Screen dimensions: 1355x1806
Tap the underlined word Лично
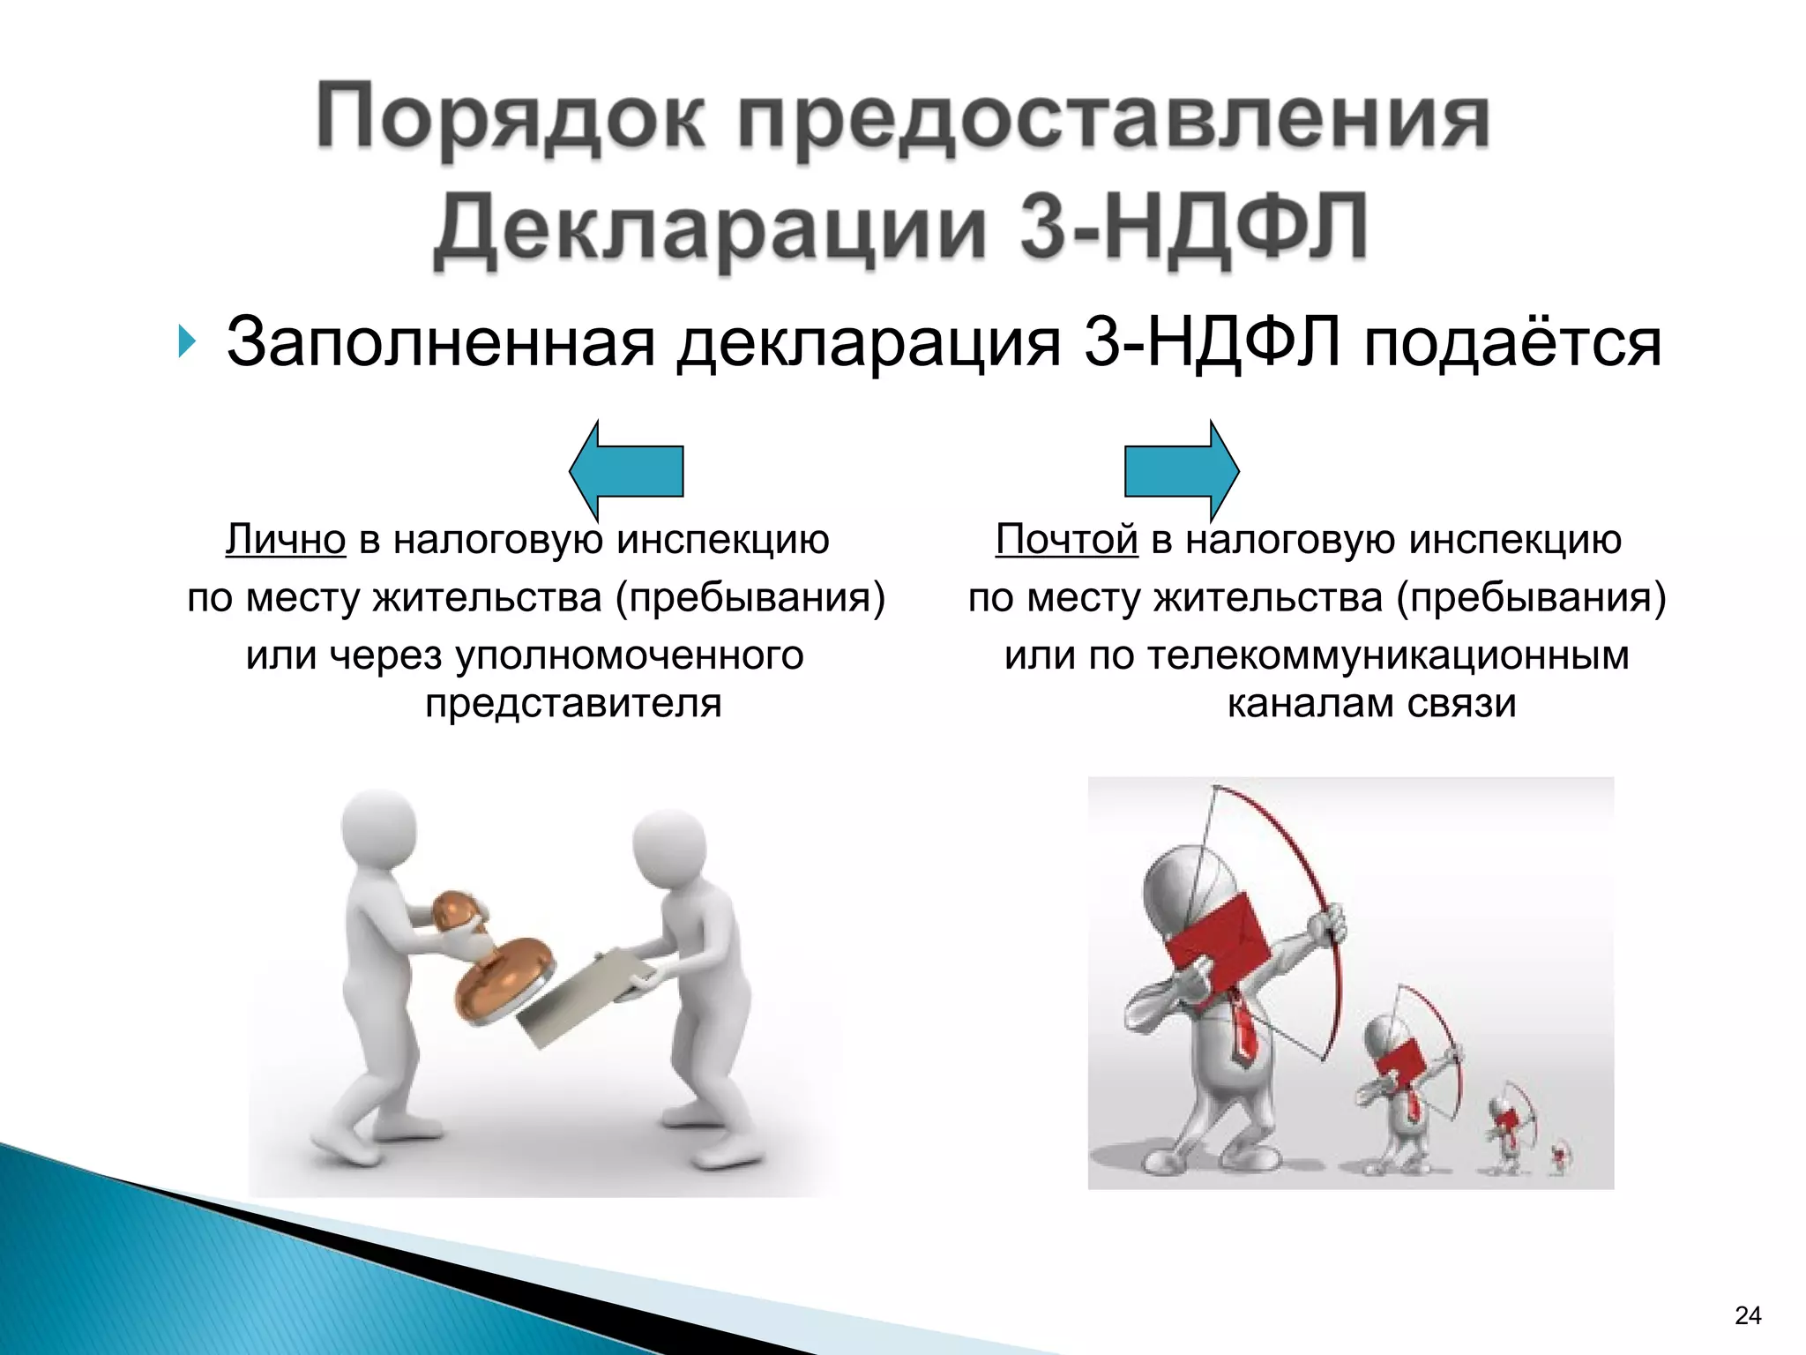coord(286,539)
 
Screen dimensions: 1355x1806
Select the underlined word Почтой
coord(1066,539)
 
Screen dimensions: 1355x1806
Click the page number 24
coord(1748,1315)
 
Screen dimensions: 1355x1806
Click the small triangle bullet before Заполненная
coord(183,341)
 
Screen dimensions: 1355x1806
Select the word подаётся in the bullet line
coord(1511,341)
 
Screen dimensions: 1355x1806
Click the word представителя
coord(573,703)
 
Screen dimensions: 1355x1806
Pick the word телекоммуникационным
coord(1388,655)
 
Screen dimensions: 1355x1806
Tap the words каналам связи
coord(1371,703)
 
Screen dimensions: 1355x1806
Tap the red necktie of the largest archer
coord(1243,1028)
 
